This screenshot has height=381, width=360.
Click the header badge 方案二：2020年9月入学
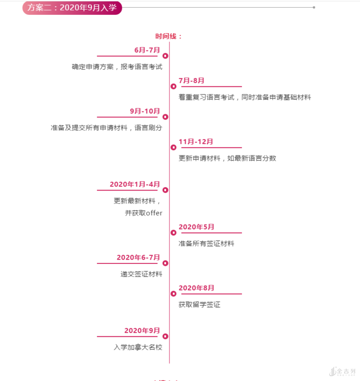point(72,8)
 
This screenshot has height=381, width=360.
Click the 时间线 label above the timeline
point(168,36)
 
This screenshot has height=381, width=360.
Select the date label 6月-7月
point(147,50)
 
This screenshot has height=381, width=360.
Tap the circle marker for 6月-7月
point(165,56)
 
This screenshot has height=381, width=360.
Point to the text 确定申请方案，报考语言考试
point(117,67)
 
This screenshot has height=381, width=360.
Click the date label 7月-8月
point(192,81)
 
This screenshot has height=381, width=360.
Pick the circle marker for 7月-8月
point(173,86)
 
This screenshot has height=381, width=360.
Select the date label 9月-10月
point(144,111)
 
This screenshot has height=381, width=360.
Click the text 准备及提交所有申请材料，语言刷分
point(107,128)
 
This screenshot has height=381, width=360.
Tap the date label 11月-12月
point(196,142)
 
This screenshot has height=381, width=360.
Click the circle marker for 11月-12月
point(173,147)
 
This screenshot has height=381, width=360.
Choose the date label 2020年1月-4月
point(134,184)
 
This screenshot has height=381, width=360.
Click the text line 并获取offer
point(144,213)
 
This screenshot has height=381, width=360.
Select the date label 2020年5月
point(196,227)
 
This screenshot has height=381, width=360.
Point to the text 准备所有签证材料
point(206,244)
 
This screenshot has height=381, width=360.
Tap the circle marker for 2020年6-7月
point(165,263)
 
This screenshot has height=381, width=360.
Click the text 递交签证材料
point(141,274)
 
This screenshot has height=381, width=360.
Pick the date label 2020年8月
point(196,288)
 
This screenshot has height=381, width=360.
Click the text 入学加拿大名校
point(138,347)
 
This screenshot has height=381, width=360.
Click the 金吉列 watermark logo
point(343,371)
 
